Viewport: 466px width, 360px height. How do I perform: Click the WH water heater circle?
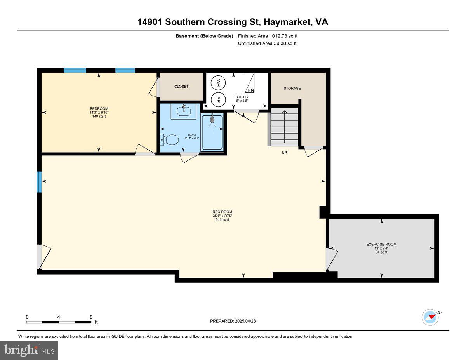218,83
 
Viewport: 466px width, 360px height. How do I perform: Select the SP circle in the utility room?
218,99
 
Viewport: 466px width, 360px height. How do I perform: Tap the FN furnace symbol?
250,82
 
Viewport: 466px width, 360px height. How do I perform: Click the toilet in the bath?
169,139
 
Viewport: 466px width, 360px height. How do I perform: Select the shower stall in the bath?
212,132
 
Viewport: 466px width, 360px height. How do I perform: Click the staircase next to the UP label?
284,127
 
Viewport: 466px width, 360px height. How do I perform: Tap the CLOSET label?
181,87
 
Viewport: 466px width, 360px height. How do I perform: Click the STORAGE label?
292,88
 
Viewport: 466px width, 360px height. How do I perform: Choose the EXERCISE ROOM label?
381,244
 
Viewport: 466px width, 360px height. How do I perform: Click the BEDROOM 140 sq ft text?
99,116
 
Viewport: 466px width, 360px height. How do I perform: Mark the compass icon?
430,317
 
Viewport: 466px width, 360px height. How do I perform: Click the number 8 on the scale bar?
91,317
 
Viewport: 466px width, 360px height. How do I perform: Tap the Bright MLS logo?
29,350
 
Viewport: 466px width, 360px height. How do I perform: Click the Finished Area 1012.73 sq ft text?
268,36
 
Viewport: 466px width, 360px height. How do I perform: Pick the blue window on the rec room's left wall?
39,182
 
